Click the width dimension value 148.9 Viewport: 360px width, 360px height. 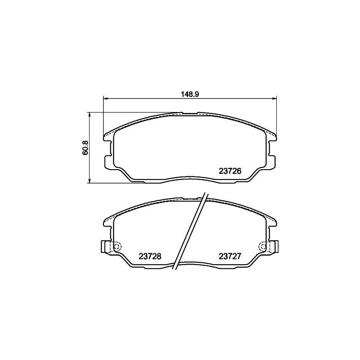189,94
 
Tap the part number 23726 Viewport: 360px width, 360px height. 230,171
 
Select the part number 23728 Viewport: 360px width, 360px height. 150,256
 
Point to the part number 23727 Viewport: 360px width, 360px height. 230,256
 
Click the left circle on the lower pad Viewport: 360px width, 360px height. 117,247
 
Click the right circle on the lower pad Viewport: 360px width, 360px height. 262,247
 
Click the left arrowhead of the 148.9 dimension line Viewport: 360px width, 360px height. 106,99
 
